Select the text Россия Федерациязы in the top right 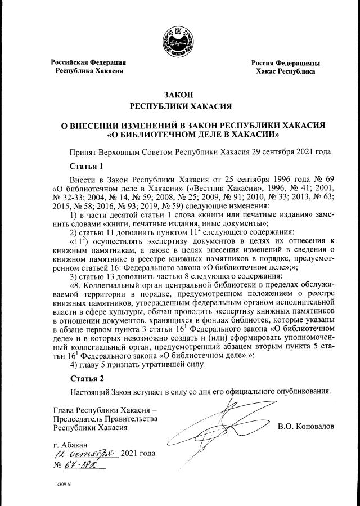[x=285, y=62]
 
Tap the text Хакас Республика [x=285, y=71]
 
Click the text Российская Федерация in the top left [x=88, y=62]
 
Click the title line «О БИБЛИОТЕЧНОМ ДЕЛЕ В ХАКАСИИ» [x=179, y=135]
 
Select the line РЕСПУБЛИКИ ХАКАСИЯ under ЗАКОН [x=179, y=106]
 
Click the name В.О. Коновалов [x=306, y=426]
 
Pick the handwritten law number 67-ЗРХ [x=82, y=465]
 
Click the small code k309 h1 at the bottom [x=65, y=483]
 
